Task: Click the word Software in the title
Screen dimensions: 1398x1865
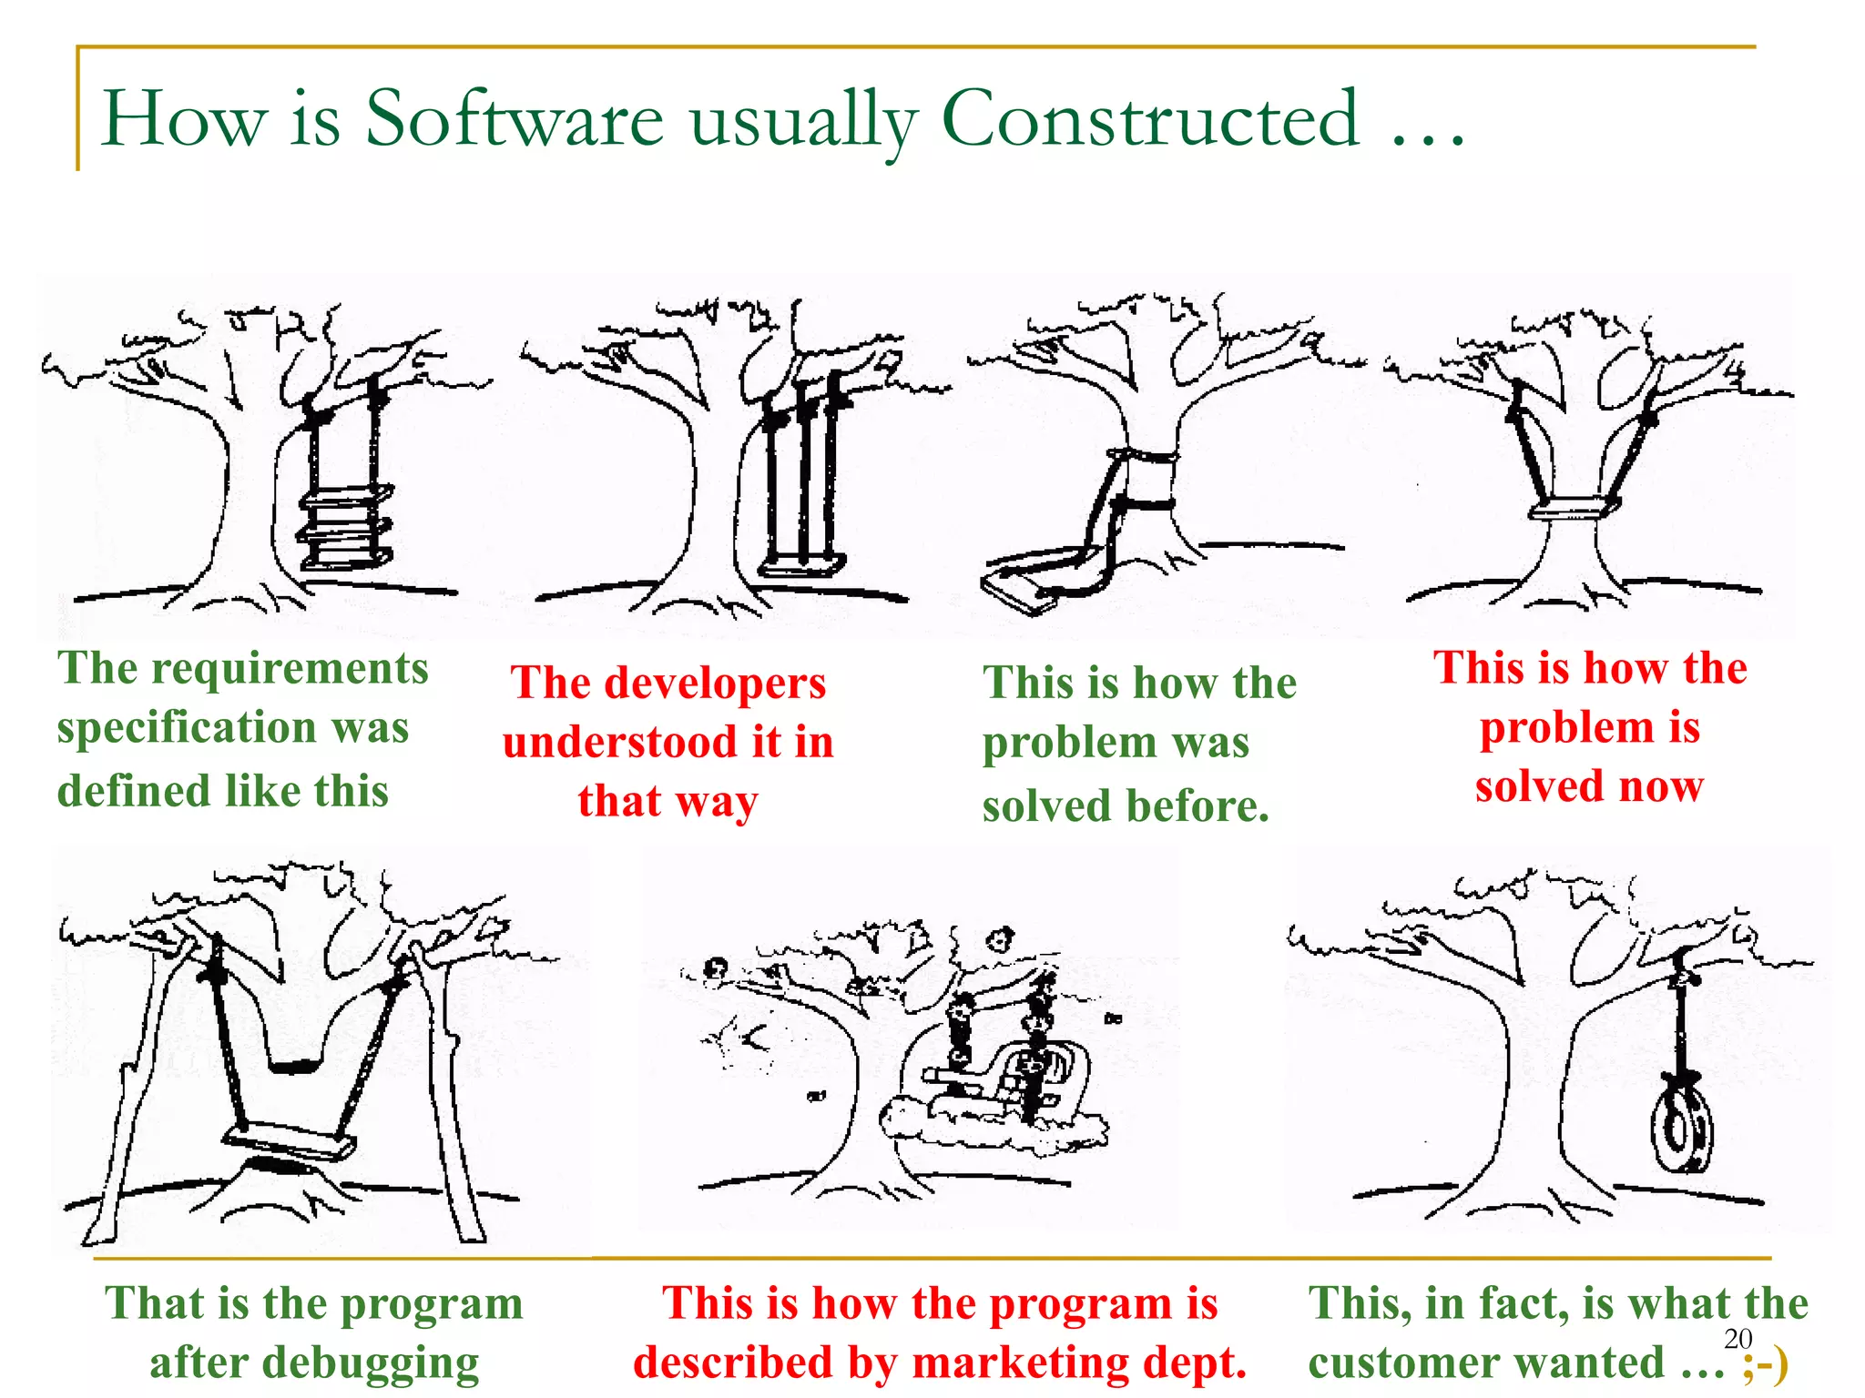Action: (x=515, y=120)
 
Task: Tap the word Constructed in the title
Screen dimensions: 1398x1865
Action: (x=1150, y=120)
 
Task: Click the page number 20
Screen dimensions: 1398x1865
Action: (x=1738, y=1338)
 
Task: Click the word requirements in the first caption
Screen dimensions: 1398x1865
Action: (x=290, y=670)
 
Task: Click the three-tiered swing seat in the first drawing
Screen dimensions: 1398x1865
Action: (x=346, y=528)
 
